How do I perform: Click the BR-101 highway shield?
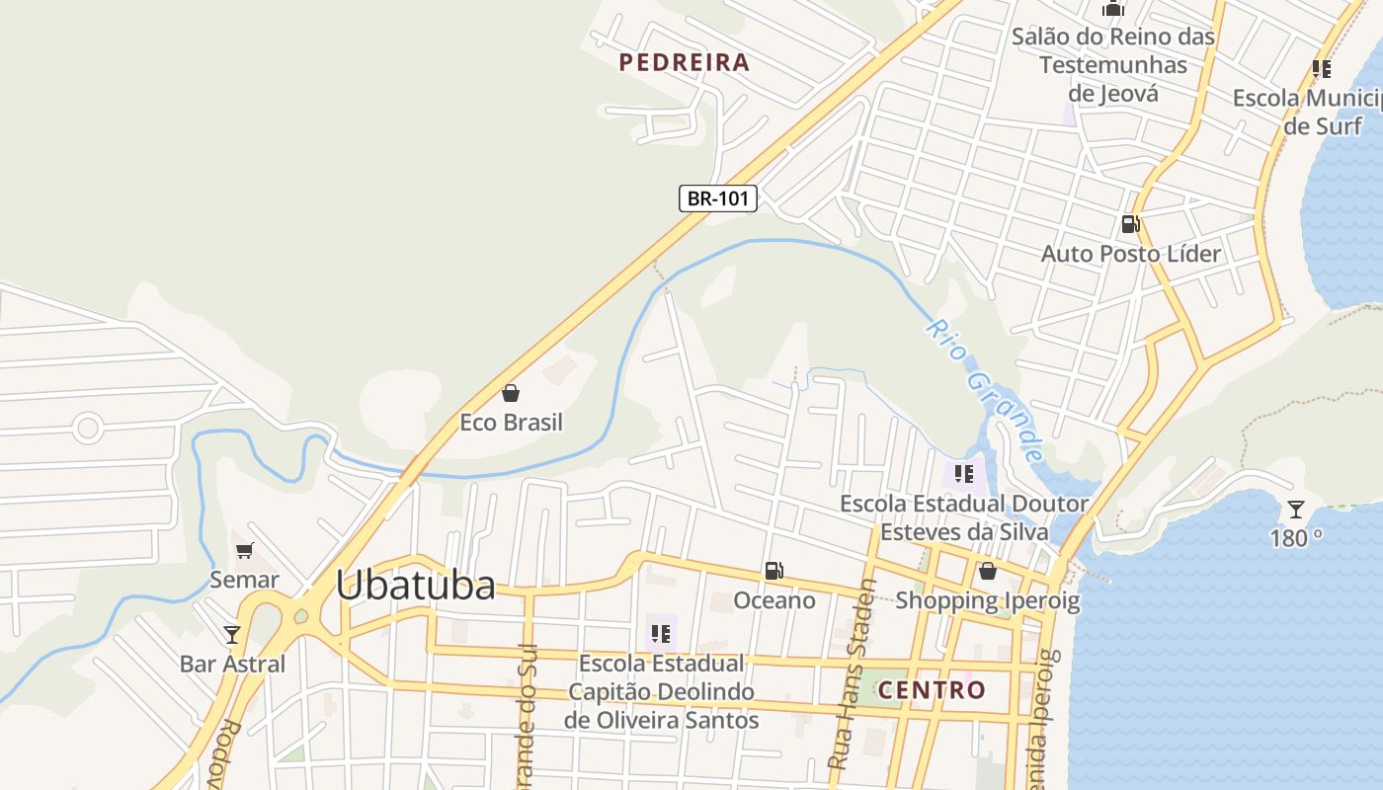click(717, 198)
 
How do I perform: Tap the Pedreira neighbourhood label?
click(685, 63)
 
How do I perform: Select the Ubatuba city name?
click(415, 586)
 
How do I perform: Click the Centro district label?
click(932, 690)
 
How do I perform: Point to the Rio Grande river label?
click(985, 391)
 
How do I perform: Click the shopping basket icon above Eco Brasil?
click(511, 394)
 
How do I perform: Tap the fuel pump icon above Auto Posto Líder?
click(1130, 224)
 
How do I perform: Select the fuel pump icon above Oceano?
click(774, 571)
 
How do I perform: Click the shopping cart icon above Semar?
click(244, 551)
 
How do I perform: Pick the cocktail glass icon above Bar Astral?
click(232, 634)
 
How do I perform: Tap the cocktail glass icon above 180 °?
click(1296, 510)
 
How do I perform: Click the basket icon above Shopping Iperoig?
click(987, 571)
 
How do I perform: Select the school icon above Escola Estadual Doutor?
click(964, 474)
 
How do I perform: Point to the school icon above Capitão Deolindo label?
click(660, 633)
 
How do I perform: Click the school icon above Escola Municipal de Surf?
click(1321, 69)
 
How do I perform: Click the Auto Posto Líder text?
click(1131, 254)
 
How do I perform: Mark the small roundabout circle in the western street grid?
click(88, 429)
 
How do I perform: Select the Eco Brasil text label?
click(511, 423)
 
